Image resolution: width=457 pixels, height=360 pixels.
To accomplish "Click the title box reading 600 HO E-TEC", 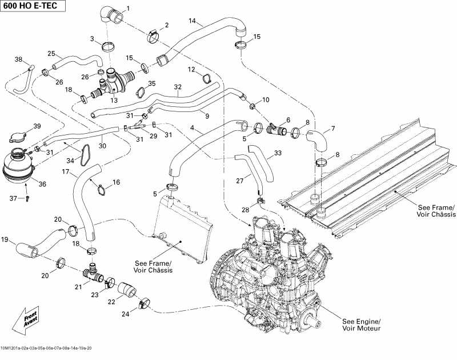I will pyautogui.click(x=33, y=7).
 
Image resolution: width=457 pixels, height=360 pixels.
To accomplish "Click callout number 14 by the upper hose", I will pyautogui.click(x=193, y=21).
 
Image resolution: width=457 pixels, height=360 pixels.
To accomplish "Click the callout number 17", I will pyautogui.click(x=66, y=171).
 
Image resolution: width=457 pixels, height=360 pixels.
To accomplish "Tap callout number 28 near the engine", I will pyautogui.click(x=245, y=210).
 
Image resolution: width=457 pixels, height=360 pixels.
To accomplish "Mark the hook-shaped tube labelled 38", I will pyautogui.click(x=24, y=80).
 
